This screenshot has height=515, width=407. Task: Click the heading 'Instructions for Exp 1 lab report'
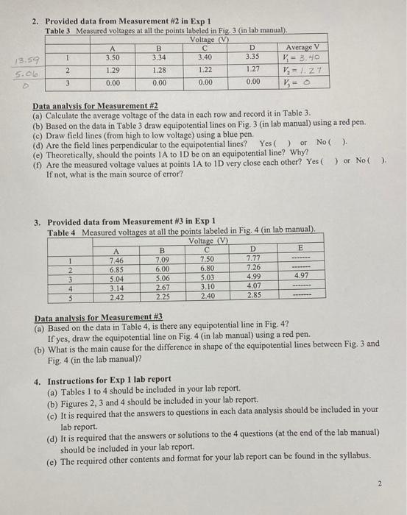point(118,380)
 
